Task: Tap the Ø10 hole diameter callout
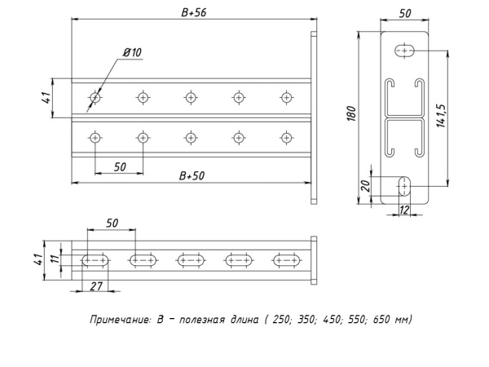(132, 52)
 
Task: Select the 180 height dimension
(352, 114)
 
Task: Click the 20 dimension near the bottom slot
(366, 186)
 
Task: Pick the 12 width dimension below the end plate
(403, 210)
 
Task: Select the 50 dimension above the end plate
(404, 14)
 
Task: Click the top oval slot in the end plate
(404, 51)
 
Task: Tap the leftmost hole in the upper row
(96, 98)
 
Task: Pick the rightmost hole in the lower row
(286, 137)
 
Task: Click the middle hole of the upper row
(191, 98)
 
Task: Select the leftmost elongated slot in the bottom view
(96, 261)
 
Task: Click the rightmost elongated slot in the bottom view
(286, 261)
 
